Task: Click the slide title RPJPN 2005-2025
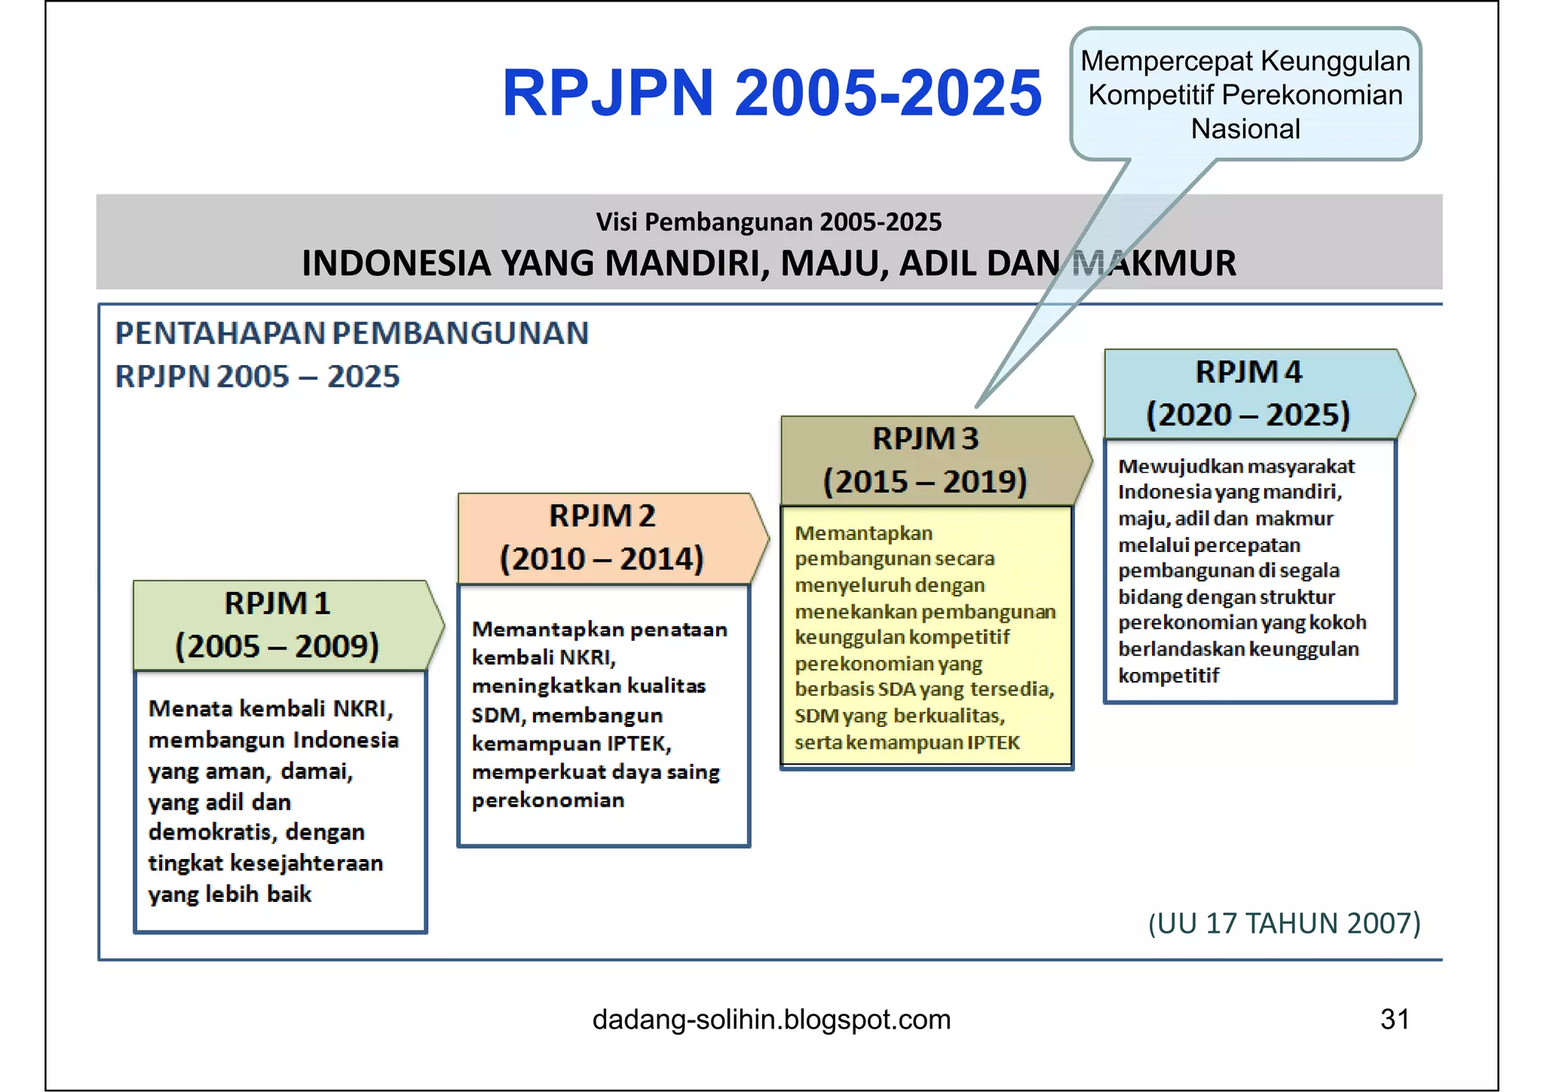tap(771, 93)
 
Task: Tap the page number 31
tap(1394, 1020)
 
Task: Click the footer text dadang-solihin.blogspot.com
tap(771, 1020)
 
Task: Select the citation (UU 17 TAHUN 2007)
tap(1284, 923)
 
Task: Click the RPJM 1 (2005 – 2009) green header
tap(279, 625)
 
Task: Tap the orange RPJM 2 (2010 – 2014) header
tap(603, 538)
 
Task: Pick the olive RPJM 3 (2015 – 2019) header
tap(926, 460)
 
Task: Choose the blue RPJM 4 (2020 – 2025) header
tap(1248, 394)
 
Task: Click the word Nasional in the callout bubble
tap(1245, 129)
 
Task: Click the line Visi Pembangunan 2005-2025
tap(769, 222)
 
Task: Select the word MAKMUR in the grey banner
tap(1153, 263)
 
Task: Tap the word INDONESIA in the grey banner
tap(397, 263)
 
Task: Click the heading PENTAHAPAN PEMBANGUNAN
tap(352, 333)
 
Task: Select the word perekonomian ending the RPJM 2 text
tap(548, 800)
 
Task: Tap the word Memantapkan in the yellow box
tap(863, 533)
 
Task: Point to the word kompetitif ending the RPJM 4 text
tap(1168, 676)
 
